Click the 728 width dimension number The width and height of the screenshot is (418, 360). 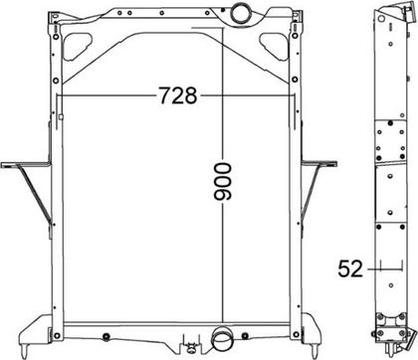pos(178,95)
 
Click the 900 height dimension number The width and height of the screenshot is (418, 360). pos(223,182)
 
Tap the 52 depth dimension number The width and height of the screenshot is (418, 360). pos(350,269)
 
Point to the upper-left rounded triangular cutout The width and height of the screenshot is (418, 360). pos(77,47)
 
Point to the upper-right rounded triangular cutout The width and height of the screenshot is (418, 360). pos(274,47)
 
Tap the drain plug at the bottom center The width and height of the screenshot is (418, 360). pos(191,347)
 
